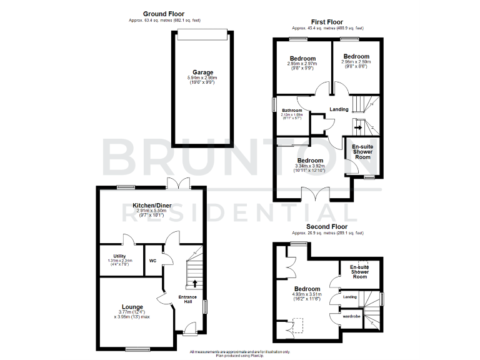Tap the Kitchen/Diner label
[x=152, y=206]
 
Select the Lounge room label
[x=132, y=307]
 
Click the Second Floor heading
[x=327, y=226]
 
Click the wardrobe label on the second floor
[x=351, y=316]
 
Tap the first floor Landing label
[x=339, y=109]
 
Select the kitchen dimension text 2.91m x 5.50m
[x=152, y=212]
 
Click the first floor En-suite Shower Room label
[x=362, y=152]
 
